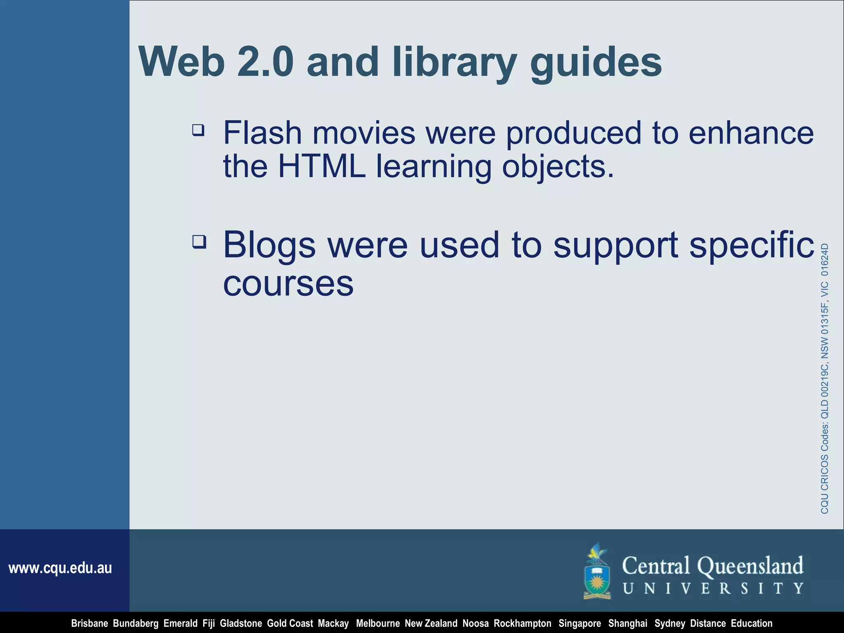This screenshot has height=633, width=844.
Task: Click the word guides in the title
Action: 596,63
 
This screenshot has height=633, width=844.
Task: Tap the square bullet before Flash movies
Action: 198,131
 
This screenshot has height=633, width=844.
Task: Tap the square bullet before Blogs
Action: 199,241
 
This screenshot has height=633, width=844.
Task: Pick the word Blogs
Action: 269,245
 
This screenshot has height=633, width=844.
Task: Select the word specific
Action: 752,245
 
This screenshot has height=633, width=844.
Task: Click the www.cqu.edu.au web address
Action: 60,568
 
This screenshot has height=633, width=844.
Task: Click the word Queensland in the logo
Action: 750,566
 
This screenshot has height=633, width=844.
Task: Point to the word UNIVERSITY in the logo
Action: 713,588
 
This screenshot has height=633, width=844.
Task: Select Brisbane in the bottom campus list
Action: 89,624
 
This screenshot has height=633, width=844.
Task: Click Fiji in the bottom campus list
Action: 209,624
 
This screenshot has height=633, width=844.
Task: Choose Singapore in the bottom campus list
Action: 579,624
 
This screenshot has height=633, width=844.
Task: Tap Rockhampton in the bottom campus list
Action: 522,624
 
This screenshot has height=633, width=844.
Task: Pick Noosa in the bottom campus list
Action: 475,624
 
